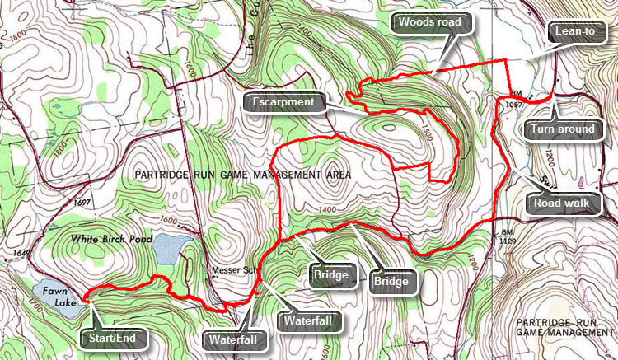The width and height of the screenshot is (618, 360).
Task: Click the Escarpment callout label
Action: [284, 102]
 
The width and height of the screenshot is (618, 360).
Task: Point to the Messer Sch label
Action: [226, 271]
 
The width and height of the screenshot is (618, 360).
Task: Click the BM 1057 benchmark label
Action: [512, 100]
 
